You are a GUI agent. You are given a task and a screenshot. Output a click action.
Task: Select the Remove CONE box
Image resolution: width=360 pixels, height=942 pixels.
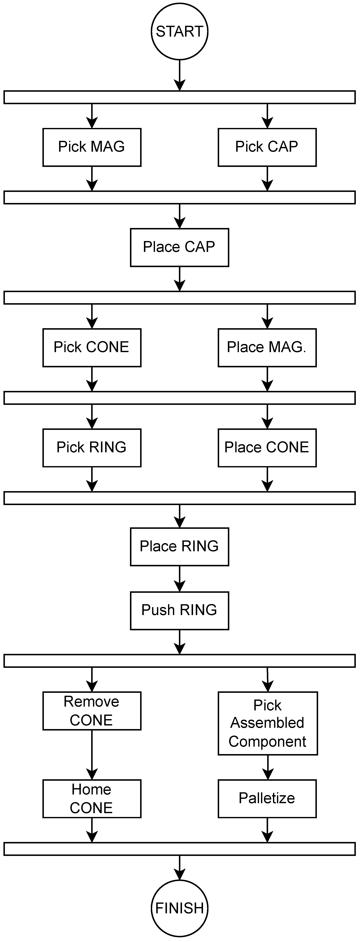click(x=92, y=711)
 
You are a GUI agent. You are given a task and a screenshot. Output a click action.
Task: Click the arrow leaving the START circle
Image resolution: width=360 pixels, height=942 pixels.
click(x=180, y=75)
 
